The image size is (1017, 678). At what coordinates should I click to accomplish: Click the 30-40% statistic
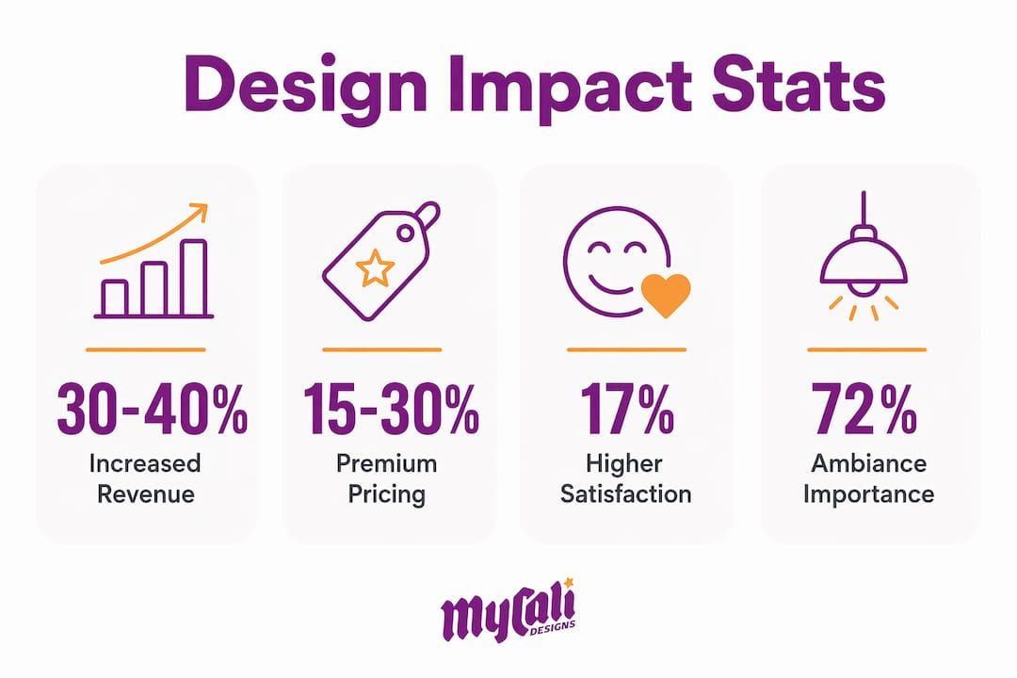[x=153, y=409]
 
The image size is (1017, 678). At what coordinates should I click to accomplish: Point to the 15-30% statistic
[x=391, y=409]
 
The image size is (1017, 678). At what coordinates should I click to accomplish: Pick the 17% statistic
[x=626, y=409]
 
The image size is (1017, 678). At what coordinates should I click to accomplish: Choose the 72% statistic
[x=864, y=409]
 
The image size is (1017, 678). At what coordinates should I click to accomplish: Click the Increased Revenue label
[x=146, y=478]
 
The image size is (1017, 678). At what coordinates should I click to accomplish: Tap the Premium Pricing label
[x=387, y=478]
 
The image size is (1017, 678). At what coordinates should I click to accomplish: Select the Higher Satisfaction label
[x=625, y=478]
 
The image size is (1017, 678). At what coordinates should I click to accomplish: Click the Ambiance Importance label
[x=868, y=478]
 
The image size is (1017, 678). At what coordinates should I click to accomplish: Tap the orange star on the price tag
[x=375, y=268]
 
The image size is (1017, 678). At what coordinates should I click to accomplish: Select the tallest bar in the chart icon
[x=193, y=278]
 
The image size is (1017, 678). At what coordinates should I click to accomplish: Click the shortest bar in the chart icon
[x=115, y=299]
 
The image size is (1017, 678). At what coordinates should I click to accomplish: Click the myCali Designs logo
[x=508, y=610]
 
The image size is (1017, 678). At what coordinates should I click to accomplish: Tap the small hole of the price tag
[x=405, y=233]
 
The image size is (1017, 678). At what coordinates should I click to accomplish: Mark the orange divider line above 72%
[x=866, y=349]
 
